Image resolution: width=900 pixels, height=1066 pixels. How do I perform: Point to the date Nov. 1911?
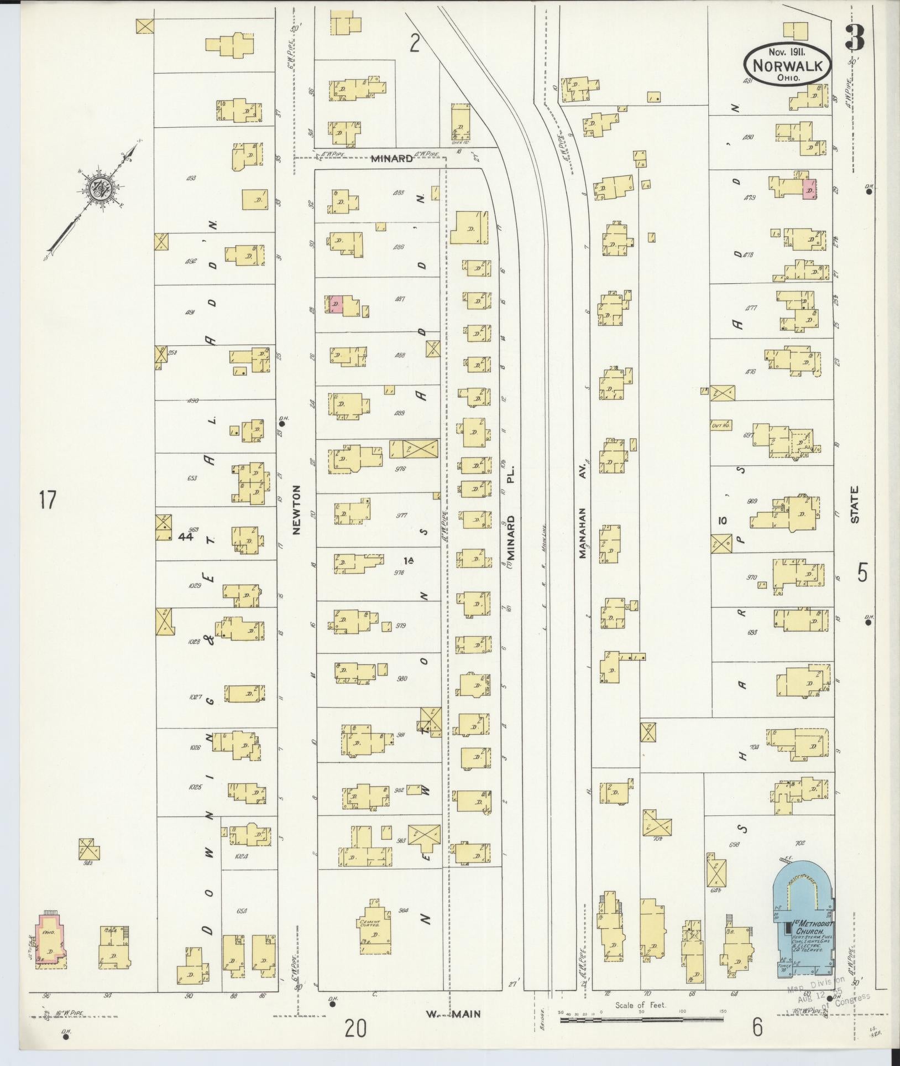click(787, 52)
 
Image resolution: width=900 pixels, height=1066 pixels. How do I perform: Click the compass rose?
click(100, 189)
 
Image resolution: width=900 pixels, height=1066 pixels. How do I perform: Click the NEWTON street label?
click(297, 509)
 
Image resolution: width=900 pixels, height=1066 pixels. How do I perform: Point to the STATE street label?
click(855, 504)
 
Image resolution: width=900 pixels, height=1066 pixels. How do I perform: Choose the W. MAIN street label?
click(453, 1013)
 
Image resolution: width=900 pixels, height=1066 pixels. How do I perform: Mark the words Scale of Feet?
click(641, 1005)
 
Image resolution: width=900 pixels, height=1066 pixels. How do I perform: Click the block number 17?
click(48, 500)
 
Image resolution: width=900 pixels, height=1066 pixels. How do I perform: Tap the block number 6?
click(757, 1027)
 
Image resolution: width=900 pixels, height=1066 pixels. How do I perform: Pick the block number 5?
click(862, 572)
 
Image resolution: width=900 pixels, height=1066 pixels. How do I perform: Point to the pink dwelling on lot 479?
click(809, 189)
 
